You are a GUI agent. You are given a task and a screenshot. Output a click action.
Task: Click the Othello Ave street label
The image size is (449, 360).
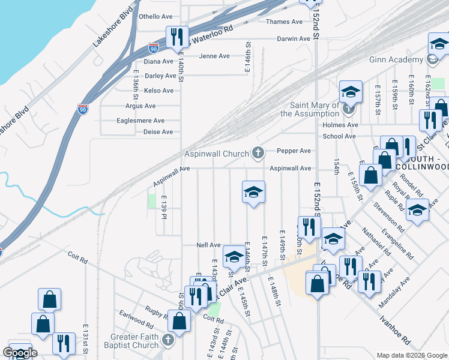click(155, 16)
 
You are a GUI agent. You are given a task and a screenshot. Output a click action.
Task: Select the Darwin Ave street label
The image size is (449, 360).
click(294, 38)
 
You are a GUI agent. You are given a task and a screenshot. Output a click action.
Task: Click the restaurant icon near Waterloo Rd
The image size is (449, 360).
click(177, 37)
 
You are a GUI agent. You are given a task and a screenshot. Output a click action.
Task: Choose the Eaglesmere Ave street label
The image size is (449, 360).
click(145, 121)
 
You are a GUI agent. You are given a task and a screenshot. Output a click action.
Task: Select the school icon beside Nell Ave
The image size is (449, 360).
click(234, 257)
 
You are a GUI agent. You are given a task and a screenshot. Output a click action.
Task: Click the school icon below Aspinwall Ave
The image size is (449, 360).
click(253, 192)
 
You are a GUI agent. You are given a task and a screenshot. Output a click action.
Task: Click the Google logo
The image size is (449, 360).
click(20, 353)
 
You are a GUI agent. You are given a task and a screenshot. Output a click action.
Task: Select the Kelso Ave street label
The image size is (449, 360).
click(159, 91)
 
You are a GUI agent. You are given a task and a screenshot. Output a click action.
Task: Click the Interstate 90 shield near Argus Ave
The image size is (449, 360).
click(82, 109)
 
